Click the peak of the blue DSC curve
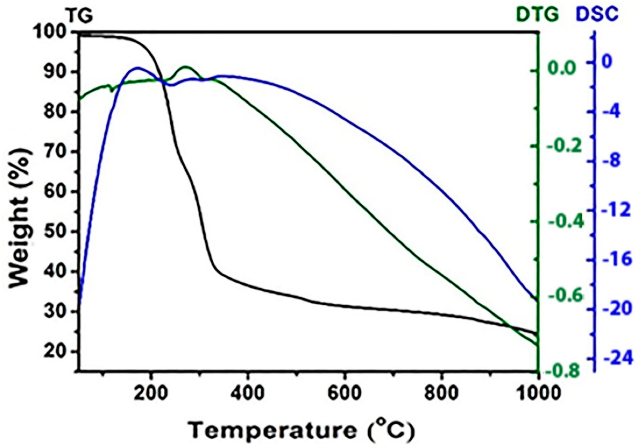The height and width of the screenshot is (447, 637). pos(137,67)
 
